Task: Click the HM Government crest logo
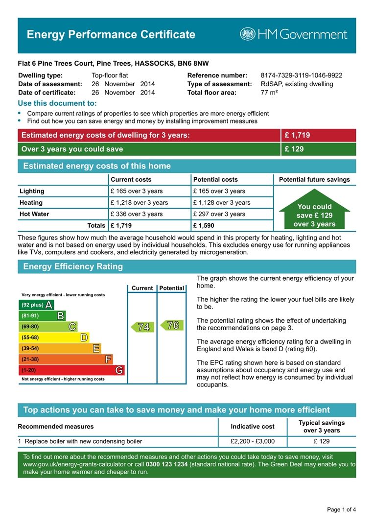click(x=248, y=34)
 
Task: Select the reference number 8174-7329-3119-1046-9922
click(x=301, y=75)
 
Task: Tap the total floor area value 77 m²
click(x=269, y=93)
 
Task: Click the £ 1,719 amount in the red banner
click(x=297, y=135)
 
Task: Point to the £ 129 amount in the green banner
click(x=294, y=149)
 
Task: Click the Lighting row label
click(x=32, y=191)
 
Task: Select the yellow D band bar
click(x=54, y=337)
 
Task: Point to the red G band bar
click(x=71, y=370)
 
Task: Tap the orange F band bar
click(x=66, y=360)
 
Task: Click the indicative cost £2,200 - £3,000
click(x=253, y=441)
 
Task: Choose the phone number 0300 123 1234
click(x=166, y=464)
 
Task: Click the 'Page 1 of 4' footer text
click(x=341, y=510)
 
